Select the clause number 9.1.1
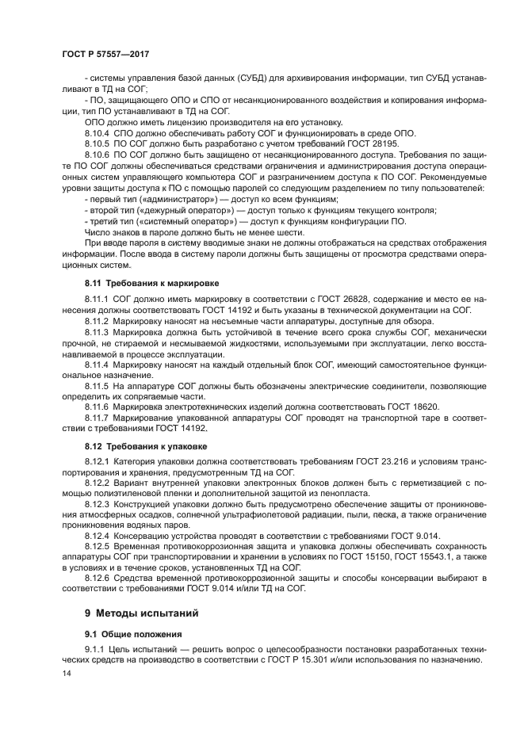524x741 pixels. pos(97,650)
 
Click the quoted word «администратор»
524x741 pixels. pos(166,200)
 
